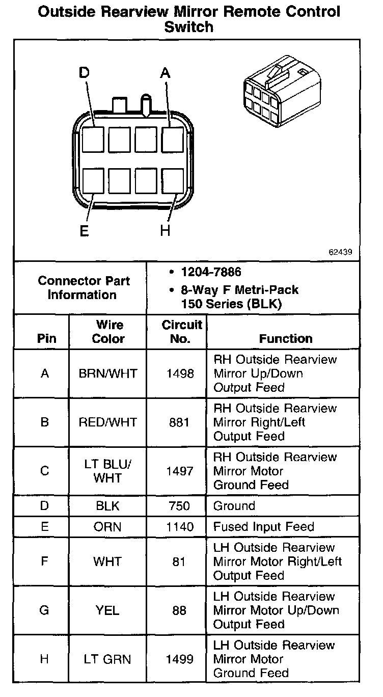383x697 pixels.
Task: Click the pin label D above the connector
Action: click(84, 73)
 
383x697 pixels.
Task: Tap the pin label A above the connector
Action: click(165, 73)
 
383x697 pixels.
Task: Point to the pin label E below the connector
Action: click(84, 231)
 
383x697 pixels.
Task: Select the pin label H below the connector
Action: click(165, 231)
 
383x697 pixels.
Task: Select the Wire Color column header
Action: click(108, 332)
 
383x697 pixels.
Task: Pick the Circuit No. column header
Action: click(182, 332)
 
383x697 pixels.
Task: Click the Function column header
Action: click(286, 338)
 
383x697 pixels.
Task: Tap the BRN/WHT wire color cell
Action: click(108, 373)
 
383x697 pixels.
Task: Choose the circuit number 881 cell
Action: click(180, 422)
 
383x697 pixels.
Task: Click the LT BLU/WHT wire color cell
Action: click(108, 471)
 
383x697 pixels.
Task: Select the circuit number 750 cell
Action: click(179, 506)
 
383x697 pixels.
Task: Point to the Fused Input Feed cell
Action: click(264, 527)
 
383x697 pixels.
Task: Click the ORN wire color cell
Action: click(107, 527)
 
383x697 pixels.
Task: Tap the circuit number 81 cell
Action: click(179, 561)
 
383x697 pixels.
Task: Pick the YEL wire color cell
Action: click(107, 610)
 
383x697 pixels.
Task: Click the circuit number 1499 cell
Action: click(180, 659)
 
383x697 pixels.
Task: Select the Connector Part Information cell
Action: click(84, 288)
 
